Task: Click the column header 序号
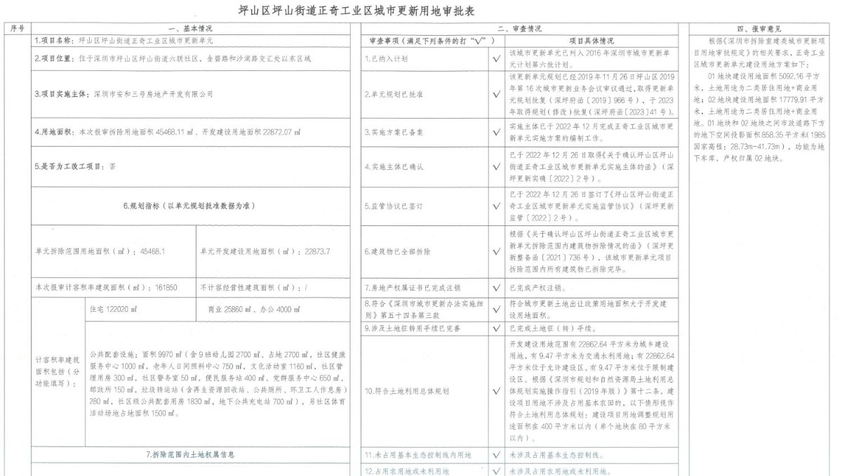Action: coord(18,29)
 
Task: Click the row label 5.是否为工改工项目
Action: coord(76,167)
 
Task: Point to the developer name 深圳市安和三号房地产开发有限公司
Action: coord(150,93)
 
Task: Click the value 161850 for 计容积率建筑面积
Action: coord(166,287)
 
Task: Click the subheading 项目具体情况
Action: coord(591,41)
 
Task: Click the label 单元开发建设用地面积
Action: coord(242,250)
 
